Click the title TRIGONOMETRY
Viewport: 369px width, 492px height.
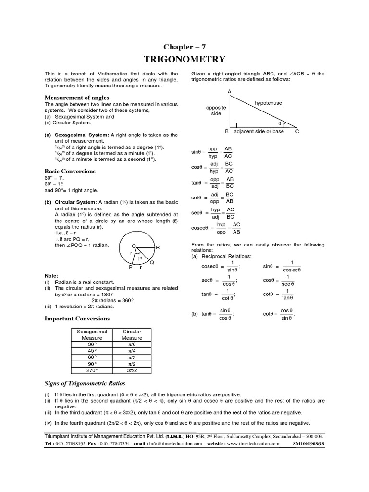[x=184, y=59]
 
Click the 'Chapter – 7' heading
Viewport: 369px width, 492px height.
[x=184, y=47]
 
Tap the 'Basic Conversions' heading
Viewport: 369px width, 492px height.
[x=70, y=171]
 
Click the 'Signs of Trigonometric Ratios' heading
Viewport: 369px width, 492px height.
[x=85, y=383]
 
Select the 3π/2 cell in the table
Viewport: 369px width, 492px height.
[x=132, y=371]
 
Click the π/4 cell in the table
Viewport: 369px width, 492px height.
[x=132, y=351]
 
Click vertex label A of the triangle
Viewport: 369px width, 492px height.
[x=230, y=91]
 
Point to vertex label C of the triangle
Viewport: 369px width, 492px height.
[x=297, y=131]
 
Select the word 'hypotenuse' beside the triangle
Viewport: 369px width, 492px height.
[x=268, y=103]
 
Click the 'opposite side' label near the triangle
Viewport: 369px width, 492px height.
[x=216, y=111]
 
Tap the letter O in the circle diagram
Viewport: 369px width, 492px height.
[x=133, y=245]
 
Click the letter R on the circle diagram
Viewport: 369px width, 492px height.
[x=157, y=247]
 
